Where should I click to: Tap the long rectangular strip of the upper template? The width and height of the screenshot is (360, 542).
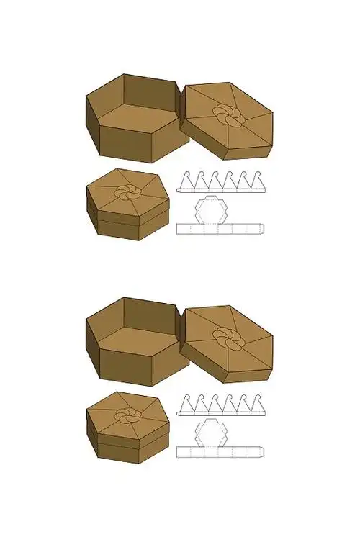pos(220,229)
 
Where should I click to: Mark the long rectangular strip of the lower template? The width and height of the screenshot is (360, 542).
pos(220,451)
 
